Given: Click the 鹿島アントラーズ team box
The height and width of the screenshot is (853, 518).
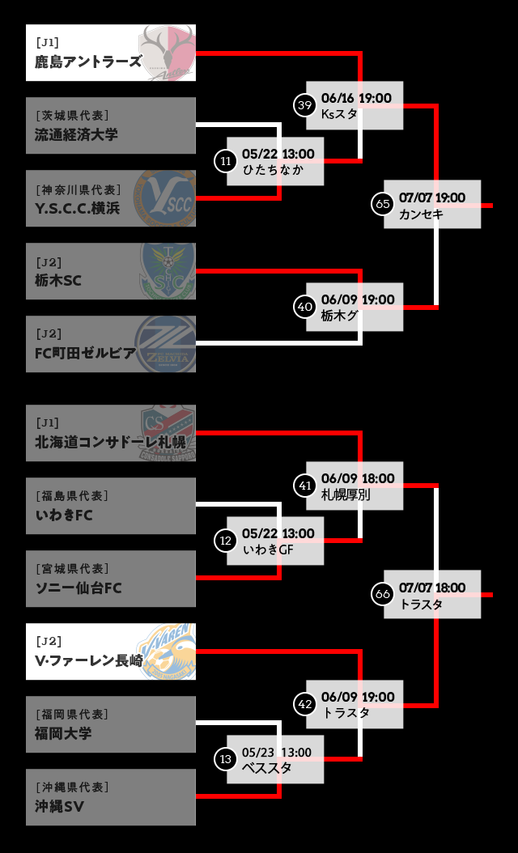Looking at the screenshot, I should (111, 53).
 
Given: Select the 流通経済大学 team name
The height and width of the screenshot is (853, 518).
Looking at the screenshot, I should (76, 134).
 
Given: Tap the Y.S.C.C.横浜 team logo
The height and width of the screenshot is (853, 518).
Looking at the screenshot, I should (164, 198).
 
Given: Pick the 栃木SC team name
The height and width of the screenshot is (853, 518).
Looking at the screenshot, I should (57, 280).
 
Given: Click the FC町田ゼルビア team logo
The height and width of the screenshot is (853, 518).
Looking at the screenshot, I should (164, 344).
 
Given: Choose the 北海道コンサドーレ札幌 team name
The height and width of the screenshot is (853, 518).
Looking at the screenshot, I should (110, 443).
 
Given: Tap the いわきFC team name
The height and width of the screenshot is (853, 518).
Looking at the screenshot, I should (64, 515).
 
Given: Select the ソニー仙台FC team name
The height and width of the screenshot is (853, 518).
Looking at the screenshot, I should (78, 588).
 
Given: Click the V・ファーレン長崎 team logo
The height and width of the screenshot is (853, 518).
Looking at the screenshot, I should (166, 651).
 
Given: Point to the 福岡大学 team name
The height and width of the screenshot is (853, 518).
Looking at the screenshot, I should (63, 733).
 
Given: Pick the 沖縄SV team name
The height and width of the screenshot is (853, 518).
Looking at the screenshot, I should (59, 806).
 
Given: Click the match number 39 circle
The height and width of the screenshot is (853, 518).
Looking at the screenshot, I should (304, 105).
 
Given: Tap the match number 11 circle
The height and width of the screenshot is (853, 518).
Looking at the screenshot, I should (225, 161).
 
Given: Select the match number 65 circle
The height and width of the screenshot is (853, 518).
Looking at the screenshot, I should (383, 204).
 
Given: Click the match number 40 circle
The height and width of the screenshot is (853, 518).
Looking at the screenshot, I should (304, 307).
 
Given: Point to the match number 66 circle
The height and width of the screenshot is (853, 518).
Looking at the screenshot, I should (383, 594).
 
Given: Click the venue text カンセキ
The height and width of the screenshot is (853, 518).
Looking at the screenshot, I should (420, 214).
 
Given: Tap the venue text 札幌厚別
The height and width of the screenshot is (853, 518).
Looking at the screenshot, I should (346, 494).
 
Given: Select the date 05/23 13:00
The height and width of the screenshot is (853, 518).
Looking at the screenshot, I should (276, 753).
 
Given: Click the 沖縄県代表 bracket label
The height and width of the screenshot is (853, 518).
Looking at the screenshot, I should (72, 787).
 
